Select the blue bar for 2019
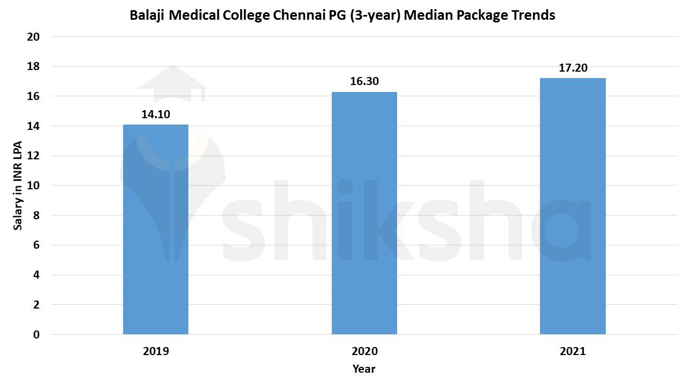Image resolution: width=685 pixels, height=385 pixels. [156, 229]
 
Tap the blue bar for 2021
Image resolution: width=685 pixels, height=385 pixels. [573, 206]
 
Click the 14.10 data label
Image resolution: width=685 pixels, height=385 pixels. [156, 114]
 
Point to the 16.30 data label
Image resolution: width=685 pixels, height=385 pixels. [364, 81]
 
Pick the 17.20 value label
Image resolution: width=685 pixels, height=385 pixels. [573, 67]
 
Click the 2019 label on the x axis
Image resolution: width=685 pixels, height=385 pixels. [156, 351]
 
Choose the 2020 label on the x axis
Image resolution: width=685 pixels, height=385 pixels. [364, 351]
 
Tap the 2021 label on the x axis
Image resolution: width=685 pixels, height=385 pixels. [573, 351]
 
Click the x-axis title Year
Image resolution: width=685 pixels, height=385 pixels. [364, 369]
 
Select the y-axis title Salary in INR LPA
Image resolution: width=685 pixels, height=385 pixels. [18, 186]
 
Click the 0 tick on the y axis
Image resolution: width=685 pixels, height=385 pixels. [36, 335]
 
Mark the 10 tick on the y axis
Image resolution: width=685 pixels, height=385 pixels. [33, 186]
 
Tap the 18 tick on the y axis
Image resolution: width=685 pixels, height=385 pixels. [33, 67]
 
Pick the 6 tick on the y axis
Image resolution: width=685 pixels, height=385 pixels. [36, 245]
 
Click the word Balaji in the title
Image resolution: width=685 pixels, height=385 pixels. [148, 16]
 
